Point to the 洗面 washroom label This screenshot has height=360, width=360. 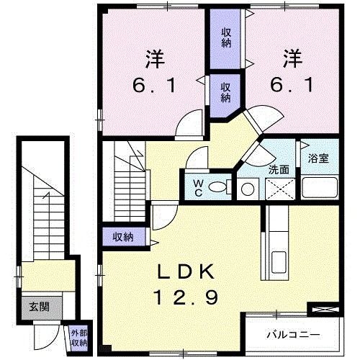click(x=279, y=170)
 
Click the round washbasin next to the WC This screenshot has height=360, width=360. click(x=248, y=189)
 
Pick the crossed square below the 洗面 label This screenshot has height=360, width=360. click(x=278, y=189)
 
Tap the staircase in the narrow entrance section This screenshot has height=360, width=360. click(x=42, y=216)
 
